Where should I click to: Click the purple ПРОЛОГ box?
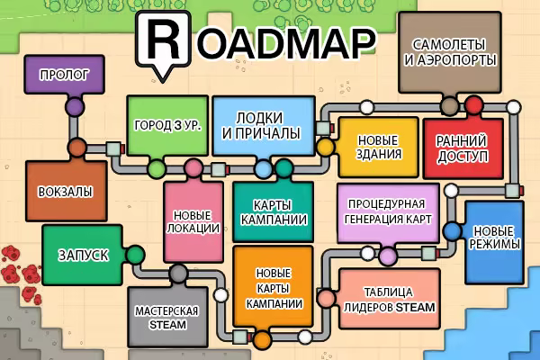(64, 75)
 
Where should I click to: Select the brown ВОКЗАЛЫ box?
(66, 191)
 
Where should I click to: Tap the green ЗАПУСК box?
(82, 255)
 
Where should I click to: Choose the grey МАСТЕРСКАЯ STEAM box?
(167, 317)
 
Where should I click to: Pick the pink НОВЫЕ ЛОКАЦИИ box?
(193, 222)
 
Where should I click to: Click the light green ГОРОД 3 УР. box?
(167, 125)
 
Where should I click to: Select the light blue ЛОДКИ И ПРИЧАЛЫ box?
(264, 125)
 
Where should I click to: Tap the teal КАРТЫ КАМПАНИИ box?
(273, 211)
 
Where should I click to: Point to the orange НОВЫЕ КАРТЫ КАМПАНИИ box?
(273, 286)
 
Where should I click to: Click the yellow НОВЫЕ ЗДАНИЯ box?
(379, 148)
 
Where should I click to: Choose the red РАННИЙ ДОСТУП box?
(463, 148)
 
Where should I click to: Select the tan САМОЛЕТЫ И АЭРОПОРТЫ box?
(450, 52)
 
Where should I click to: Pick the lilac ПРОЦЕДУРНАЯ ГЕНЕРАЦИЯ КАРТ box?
(388, 213)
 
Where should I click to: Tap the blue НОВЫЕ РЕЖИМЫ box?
(494, 242)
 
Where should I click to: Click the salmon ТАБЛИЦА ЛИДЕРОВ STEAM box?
(390, 299)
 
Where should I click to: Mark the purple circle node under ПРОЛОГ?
(75, 107)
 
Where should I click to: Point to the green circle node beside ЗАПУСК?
(135, 255)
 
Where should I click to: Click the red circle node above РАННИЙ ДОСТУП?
(474, 104)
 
